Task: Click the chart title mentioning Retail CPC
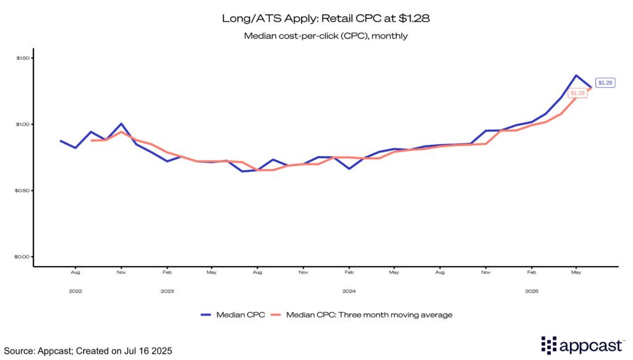(x=326, y=19)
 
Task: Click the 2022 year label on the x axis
(x=75, y=291)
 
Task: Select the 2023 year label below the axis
(x=167, y=291)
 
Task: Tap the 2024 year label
(x=349, y=291)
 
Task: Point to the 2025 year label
(x=530, y=291)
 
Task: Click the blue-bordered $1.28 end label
(x=605, y=83)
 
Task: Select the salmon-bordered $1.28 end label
(x=578, y=93)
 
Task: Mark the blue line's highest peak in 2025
(x=576, y=75)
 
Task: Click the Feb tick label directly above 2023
(x=167, y=272)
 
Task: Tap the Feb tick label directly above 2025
(x=530, y=272)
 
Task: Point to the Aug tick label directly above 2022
(x=75, y=272)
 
